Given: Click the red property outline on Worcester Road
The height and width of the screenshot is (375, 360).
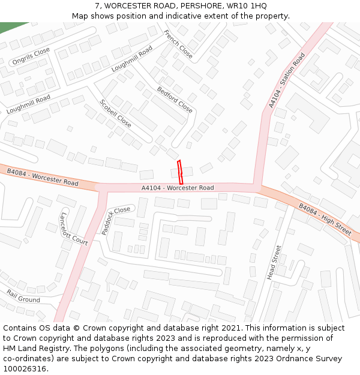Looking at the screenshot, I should point(180,172).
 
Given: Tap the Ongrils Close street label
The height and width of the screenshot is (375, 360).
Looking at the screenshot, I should point(31,56).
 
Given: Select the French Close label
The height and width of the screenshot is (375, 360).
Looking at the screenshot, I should point(178,44).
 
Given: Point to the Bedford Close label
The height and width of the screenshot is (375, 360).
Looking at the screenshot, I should point(175,100).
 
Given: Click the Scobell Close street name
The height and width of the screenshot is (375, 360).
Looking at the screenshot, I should point(115,113).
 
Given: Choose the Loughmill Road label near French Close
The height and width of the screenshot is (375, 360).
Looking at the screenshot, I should point(132,58).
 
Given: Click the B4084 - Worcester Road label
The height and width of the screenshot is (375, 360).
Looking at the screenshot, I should point(43,177).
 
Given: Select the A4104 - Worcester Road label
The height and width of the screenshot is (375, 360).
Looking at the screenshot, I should point(178,188).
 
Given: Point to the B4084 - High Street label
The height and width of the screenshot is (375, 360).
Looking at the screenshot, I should point(325,219).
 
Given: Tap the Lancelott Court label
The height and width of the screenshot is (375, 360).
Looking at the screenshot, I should point(74,229).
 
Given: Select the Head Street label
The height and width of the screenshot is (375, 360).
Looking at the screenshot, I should point(274,262).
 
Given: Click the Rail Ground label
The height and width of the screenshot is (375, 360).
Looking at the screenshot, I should point(23,296).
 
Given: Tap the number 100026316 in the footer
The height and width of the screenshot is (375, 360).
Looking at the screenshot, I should point(25,368).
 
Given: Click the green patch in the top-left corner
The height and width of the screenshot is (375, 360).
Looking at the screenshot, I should point(12,28).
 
